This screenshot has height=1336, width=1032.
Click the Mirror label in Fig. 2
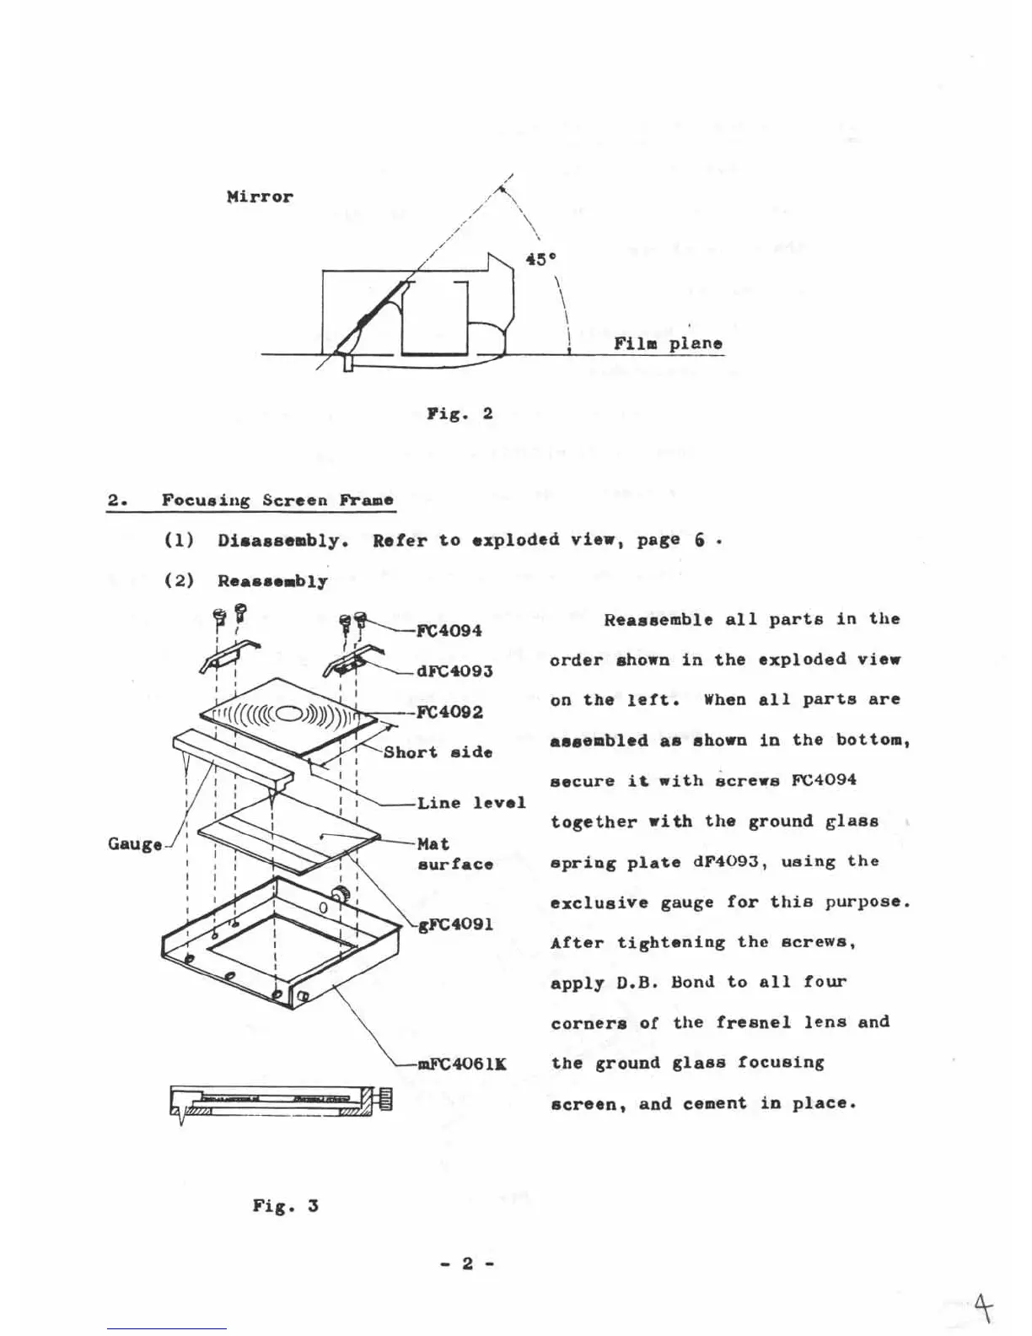[260, 197]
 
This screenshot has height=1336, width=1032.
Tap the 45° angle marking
[540, 260]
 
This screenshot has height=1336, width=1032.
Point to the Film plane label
[668, 343]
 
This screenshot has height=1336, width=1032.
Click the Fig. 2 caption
[460, 413]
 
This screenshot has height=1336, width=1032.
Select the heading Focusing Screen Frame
[277, 500]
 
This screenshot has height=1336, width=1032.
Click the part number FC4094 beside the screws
[449, 631]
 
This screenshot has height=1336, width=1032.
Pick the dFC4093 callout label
[454, 671]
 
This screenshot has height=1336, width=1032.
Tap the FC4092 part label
[450, 712]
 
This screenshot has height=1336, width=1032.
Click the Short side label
[438, 752]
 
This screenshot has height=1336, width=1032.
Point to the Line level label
[471, 803]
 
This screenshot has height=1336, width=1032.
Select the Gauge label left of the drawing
[135, 844]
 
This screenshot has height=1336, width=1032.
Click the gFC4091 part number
[455, 924]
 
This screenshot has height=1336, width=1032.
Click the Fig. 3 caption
[285, 1205]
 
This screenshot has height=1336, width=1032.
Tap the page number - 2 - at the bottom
[467, 1263]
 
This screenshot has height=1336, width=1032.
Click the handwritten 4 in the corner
[982, 1309]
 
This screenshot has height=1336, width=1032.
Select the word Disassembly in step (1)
[282, 541]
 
